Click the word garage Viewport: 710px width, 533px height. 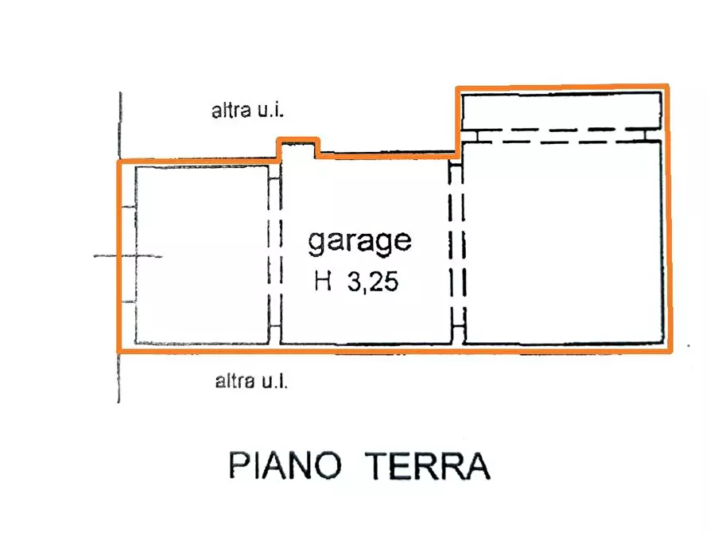point(359,240)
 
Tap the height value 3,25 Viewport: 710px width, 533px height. point(371,284)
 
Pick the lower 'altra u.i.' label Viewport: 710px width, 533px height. point(250,382)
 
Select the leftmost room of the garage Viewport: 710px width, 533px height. point(200,255)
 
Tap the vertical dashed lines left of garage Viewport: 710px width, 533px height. point(275,255)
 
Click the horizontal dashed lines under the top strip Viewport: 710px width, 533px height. point(561,137)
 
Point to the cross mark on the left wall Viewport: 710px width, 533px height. point(127,256)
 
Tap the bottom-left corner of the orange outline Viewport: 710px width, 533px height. point(119,350)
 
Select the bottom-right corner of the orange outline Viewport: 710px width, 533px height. point(668,349)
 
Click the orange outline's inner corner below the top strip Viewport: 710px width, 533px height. point(457,150)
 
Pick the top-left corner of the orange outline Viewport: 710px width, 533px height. point(119,162)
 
